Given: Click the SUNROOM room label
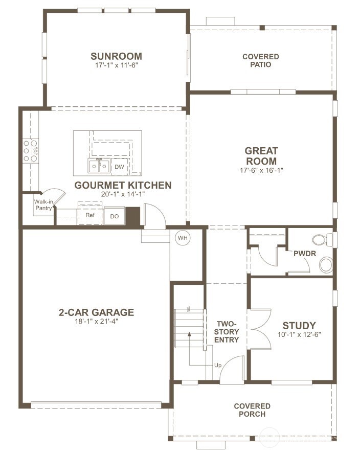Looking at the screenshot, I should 116,56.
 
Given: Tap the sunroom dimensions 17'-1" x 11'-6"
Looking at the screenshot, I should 116,65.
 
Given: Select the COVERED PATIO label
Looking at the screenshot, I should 260,60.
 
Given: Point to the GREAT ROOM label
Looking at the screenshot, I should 261,156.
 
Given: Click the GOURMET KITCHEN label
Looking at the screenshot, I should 123,185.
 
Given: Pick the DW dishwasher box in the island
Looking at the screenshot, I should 119,167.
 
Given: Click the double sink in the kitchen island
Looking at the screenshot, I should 99,166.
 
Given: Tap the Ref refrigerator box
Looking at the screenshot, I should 90,215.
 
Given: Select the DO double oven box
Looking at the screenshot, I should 114,216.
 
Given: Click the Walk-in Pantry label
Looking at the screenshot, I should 44,205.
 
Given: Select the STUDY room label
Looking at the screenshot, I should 299,326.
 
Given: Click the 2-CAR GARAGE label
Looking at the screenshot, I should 97,312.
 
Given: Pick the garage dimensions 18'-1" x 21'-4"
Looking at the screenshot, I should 97,321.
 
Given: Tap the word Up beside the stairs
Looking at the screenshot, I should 217,366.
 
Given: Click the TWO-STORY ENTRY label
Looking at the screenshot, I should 227,332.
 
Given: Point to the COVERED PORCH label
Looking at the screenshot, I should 252,410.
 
